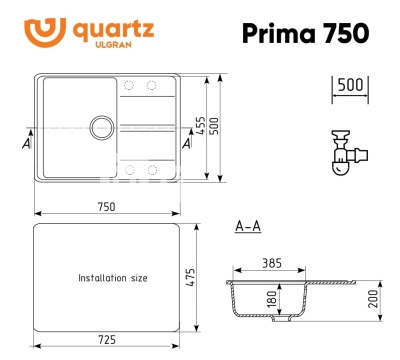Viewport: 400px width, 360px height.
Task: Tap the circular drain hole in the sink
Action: coord(101,126)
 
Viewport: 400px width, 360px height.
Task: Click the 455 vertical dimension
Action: coord(202,126)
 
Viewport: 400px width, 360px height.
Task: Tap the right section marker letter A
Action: coord(187,144)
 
